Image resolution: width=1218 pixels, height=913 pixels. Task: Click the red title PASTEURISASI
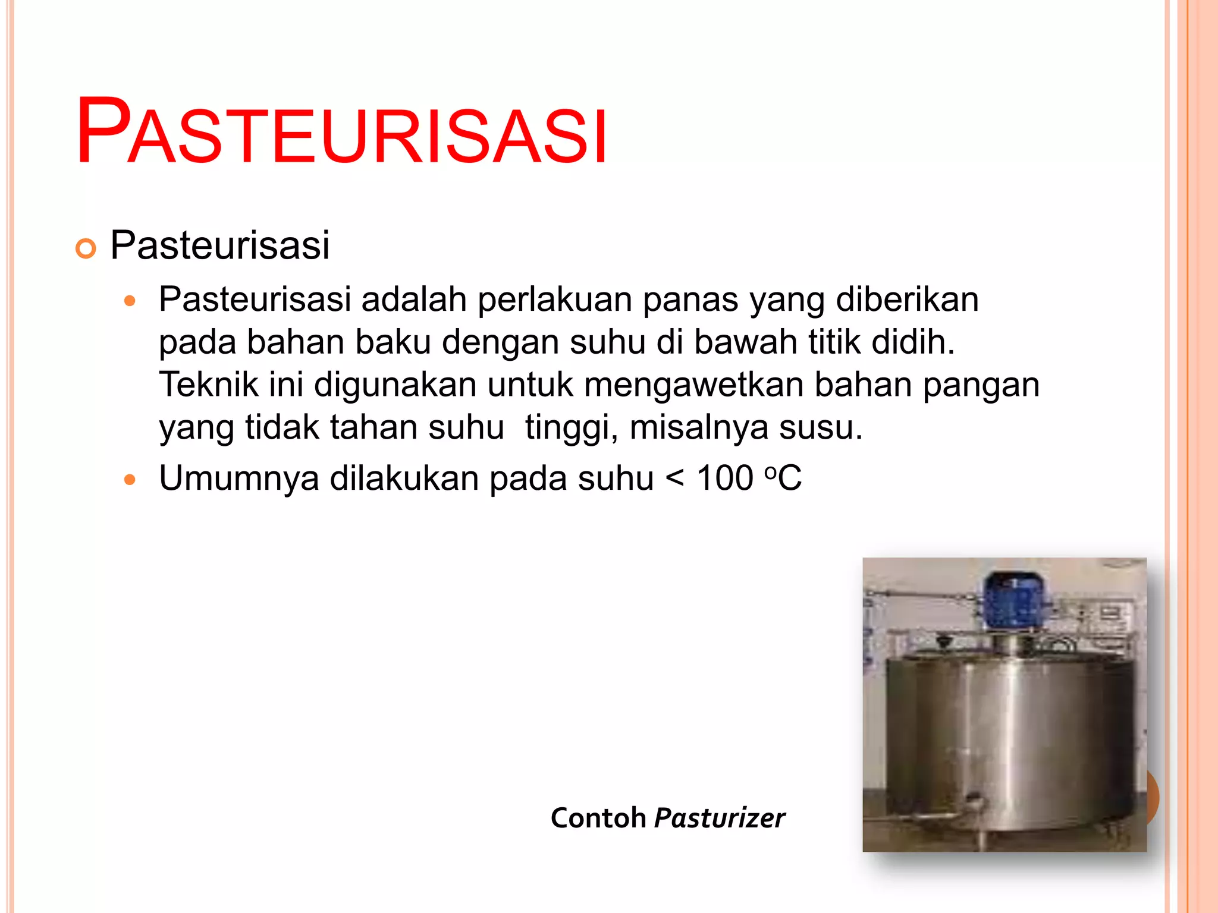click(x=341, y=131)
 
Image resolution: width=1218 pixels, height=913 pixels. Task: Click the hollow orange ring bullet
click(x=86, y=249)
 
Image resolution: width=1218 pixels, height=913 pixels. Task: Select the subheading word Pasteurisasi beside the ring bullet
click(x=219, y=245)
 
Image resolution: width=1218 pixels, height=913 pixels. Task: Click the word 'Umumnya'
click(x=238, y=478)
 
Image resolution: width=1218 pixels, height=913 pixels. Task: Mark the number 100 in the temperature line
click(x=725, y=478)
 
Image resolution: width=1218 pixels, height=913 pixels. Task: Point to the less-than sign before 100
click(x=674, y=479)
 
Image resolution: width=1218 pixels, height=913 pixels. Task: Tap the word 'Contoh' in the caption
click(x=598, y=818)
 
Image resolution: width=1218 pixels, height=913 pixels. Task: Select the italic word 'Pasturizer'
click(x=720, y=818)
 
